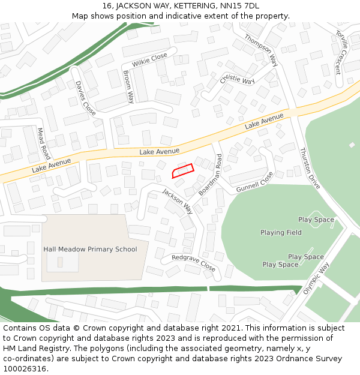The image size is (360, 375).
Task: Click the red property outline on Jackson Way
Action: (183, 171)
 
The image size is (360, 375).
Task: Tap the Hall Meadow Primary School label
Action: (90, 249)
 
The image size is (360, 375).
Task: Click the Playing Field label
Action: (281, 233)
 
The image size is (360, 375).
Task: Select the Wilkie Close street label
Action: (149, 60)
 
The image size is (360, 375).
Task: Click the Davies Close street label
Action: (85, 98)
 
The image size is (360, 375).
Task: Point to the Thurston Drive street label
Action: (310, 168)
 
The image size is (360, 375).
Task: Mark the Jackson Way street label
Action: (178, 202)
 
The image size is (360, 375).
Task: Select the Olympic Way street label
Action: (316, 277)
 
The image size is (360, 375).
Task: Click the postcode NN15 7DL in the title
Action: (239, 6)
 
